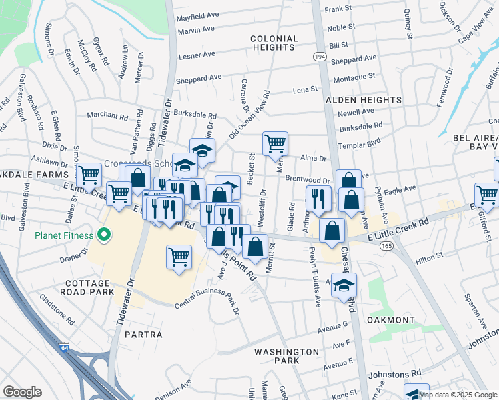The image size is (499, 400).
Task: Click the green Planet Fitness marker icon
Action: tap(103, 234)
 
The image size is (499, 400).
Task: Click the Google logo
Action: tap(22, 392)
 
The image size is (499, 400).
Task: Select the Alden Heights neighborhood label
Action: tap(363, 100)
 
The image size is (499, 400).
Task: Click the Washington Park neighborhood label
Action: tap(286, 356)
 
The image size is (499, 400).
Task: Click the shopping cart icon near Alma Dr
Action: tap(275, 143)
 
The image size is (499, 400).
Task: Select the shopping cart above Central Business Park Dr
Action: tap(179, 256)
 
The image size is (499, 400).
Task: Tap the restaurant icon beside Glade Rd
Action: tap(318, 198)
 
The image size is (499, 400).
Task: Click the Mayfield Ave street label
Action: tap(198, 14)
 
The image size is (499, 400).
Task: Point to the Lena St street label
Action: tap(304, 89)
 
